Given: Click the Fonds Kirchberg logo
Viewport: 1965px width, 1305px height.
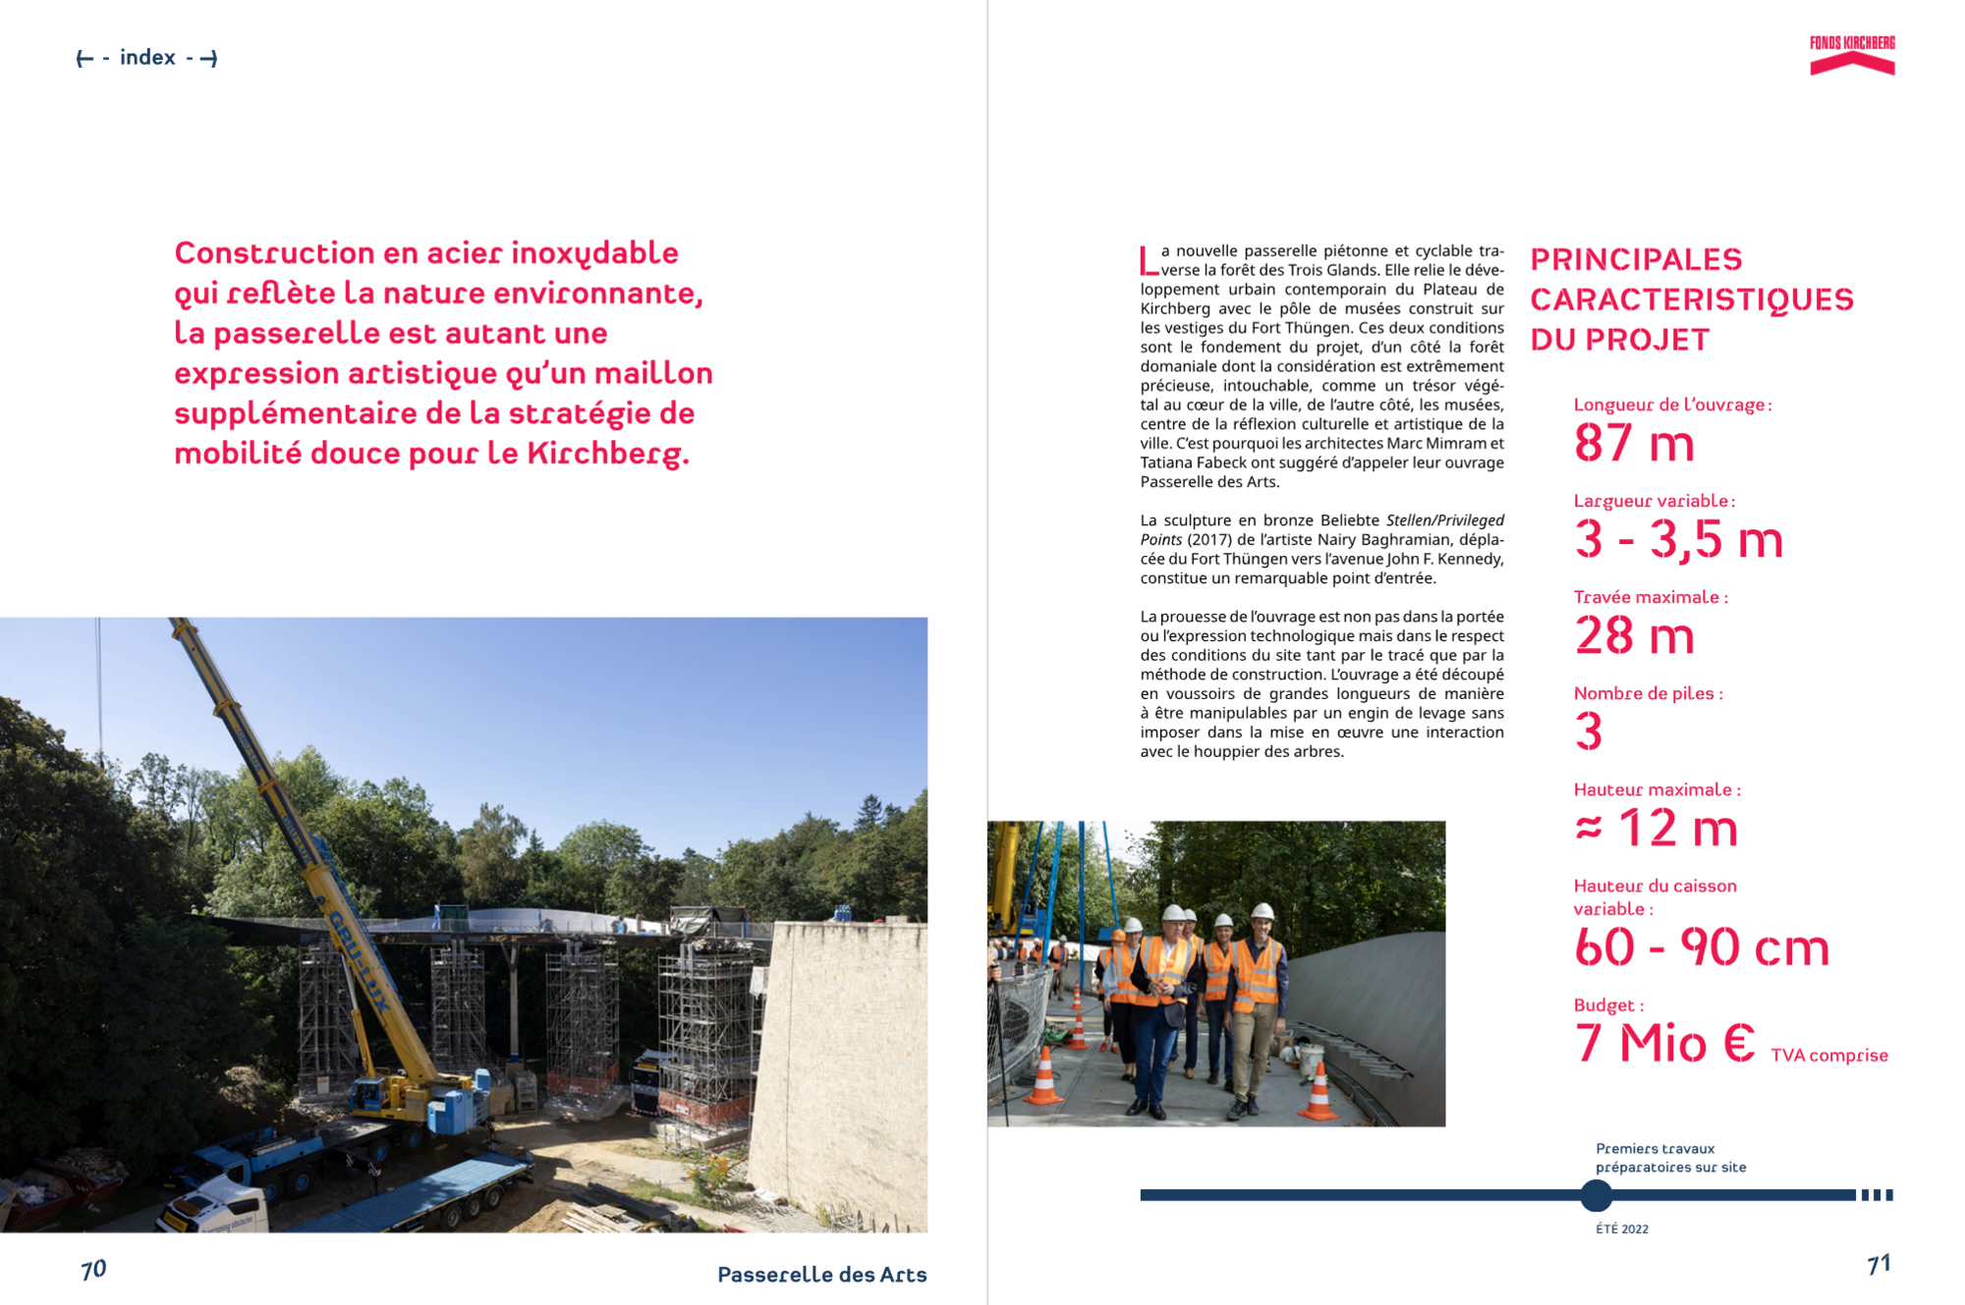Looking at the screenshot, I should pyautogui.click(x=1851, y=55).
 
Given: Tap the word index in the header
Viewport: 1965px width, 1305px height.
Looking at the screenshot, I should pyautogui.click(x=147, y=58).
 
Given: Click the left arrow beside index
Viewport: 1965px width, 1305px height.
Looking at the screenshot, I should pyautogui.click(x=84, y=59).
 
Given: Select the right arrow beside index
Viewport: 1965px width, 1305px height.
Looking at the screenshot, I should pyautogui.click(x=208, y=59).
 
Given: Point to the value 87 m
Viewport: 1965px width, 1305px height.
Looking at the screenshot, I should pyautogui.click(x=1634, y=443).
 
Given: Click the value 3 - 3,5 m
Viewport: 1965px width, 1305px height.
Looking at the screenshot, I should pyautogui.click(x=1678, y=539).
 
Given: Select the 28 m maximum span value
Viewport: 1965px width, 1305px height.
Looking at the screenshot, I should pyautogui.click(x=1634, y=635).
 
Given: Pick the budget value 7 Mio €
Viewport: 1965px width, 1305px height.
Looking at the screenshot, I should pyautogui.click(x=1664, y=1043).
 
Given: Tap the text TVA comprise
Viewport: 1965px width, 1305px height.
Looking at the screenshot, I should pyautogui.click(x=1828, y=1056).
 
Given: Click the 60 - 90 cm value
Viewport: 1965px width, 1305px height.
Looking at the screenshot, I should pyautogui.click(x=1701, y=947).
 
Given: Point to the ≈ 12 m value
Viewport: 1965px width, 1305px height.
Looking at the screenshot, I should pyautogui.click(x=1656, y=828).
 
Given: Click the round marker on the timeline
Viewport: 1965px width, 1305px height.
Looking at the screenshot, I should pyautogui.click(x=1597, y=1195).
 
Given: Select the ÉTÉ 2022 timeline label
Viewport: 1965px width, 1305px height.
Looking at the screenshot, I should pyautogui.click(x=1622, y=1229).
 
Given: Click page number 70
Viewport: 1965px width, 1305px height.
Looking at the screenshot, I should pyautogui.click(x=93, y=1270).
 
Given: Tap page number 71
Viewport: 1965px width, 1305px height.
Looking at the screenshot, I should pyautogui.click(x=1879, y=1265).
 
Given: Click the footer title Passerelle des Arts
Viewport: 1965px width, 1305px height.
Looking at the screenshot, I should pyautogui.click(x=821, y=1275).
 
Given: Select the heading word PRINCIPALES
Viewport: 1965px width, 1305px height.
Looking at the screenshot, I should pyautogui.click(x=1636, y=259).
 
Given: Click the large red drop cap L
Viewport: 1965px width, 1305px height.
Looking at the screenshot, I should pyautogui.click(x=1148, y=260).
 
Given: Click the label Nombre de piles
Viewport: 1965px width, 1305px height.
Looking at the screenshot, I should pyautogui.click(x=1647, y=693).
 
